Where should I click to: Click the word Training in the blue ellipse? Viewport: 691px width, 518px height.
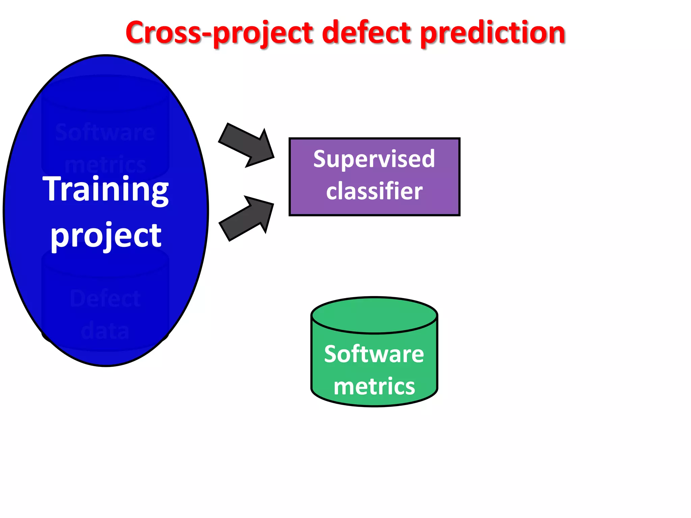point(106,190)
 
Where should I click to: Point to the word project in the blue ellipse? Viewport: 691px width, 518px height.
point(106,235)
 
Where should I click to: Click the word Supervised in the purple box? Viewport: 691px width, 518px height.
point(374,159)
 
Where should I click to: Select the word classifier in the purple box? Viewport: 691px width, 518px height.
point(374,191)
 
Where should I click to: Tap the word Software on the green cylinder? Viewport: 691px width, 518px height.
point(374,354)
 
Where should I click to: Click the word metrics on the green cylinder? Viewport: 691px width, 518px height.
point(374,386)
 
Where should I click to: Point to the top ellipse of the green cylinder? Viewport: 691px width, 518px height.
point(374,315)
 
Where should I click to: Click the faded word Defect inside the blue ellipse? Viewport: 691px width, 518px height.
point(105,298)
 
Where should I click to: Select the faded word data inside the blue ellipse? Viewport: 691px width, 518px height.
point(105,330)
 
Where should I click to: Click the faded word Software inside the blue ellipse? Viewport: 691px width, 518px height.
point(105,132)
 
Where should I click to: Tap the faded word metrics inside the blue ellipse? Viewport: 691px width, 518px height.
point(105,165)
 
